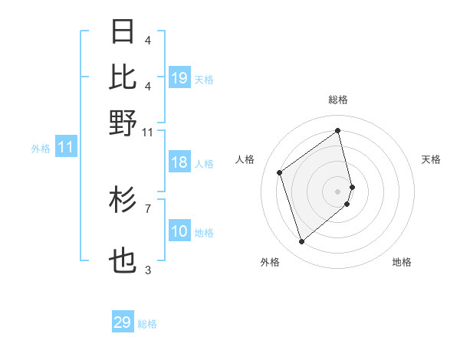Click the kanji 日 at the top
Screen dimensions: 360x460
[x=123, y=32]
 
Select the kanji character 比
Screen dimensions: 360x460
[x=123, y=77]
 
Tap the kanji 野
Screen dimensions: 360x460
[x=123, y=122]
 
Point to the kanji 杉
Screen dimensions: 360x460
[x=123, y=200]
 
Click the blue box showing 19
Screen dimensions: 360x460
[x=179, y=78]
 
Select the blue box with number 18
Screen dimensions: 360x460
[x=179, y=162]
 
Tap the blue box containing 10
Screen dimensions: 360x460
[x=179, y=231]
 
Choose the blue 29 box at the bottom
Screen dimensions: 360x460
[x=123, y=322]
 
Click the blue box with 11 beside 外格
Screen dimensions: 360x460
[x=65, y=148]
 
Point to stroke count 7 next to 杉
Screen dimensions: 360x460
[x=148, y=208]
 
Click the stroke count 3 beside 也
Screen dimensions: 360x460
[x=148, y=270]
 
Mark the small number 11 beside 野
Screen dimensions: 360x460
[x=148, y=132]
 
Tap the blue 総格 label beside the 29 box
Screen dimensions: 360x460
[x=147, y=324]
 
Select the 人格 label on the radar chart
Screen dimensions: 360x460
[x=245, y=159]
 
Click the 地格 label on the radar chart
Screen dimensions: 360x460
[x=402, y=262]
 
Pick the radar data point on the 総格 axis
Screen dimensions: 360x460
[x=338, y=131]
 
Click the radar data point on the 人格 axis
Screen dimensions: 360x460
[x=280, y=172]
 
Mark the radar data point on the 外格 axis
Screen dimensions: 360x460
[x=301, y=242]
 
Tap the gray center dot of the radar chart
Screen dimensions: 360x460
[x=338, y=190]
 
